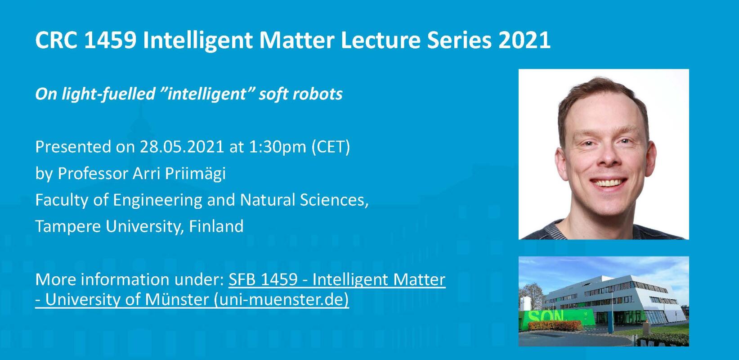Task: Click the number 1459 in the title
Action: coord(110,40)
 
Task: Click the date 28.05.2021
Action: coord(182,147)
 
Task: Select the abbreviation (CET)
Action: coord(331,147)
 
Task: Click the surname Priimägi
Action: coord(195,174)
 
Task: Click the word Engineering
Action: coord(157,200)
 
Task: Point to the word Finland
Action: coord(216,226)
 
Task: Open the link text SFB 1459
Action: coord(263,279)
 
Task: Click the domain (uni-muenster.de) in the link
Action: coord(281,300)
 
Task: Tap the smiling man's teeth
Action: coord(608,182)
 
